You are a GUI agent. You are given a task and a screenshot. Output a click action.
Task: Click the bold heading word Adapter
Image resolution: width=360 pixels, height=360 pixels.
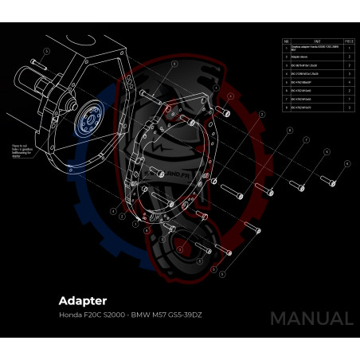click(82, 301)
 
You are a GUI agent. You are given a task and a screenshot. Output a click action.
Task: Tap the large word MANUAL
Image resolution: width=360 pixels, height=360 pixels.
click(311, 319)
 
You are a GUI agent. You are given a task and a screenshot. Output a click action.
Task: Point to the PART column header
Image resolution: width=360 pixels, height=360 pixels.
click(317, 41)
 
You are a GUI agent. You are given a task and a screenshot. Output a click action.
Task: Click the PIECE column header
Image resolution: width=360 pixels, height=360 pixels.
click(349, 41)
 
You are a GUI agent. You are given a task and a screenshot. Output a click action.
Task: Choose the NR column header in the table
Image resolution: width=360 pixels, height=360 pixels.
click(286, 41)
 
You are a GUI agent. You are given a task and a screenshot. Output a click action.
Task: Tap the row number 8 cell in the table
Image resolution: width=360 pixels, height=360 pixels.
click(286, 107)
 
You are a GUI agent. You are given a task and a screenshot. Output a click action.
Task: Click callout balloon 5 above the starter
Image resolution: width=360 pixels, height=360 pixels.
click(47, 49)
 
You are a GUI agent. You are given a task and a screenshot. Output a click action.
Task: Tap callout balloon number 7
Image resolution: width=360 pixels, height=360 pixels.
click(305, 141)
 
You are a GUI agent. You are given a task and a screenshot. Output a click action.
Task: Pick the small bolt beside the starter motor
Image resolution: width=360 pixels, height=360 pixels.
click(36, 61)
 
